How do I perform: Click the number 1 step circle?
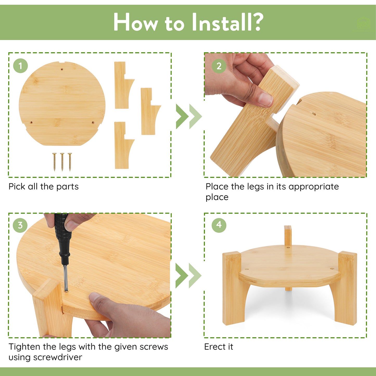[21, 66]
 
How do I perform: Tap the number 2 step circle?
[219, 66]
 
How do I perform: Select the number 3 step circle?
[20, 225]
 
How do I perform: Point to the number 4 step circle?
[219, 225]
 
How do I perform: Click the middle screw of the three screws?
[62, 162]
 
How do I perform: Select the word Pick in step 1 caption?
[17, 187]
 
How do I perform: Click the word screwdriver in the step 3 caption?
[58, 358]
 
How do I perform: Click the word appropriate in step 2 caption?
[314, 187]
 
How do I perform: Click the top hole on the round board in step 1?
[62, 69]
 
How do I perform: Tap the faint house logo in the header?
[363, 24]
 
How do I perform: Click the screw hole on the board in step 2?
[314, 113]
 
